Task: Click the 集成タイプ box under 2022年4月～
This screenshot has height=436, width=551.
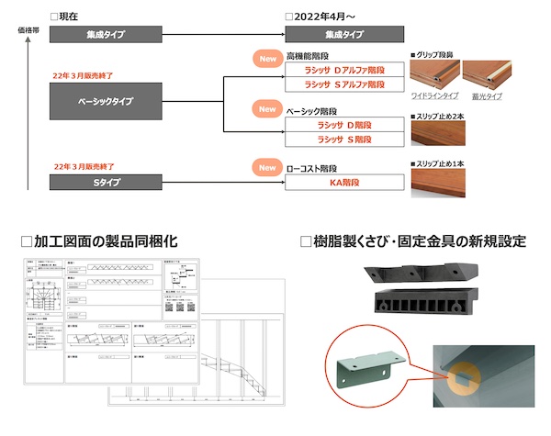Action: (344, 35)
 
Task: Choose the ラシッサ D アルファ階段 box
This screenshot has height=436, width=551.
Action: (344, 71)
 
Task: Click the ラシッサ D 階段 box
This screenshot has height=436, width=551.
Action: (344, 124)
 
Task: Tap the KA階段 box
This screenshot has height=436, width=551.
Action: (344, 182)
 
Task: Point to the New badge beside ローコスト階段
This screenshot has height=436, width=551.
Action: (267, 168)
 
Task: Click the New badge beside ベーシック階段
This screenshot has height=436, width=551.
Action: (267, 109)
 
